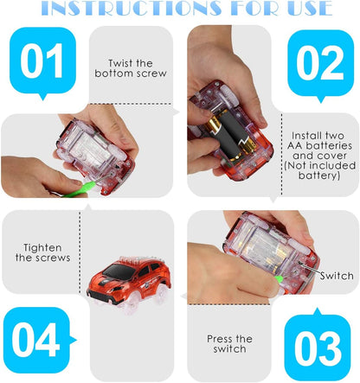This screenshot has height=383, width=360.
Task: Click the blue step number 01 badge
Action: coord(42,62)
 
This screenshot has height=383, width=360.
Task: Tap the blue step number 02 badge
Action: coord(320,64)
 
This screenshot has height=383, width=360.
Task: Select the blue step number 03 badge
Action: coord(318,344)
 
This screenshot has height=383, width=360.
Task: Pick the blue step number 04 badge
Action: coord(37,340)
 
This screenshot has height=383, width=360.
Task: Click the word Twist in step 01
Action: coord(119,63)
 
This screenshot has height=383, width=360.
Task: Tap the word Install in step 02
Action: coord(306,136)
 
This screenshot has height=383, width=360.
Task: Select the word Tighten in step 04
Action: coord(42,248)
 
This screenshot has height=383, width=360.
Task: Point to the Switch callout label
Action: coord(337,276)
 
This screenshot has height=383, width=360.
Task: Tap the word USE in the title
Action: coord(309,8)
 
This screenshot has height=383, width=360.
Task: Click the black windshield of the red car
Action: coord(119,271)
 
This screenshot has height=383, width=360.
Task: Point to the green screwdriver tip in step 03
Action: coord(279,278)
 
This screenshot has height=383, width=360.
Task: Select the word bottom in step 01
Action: coord(114,73)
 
